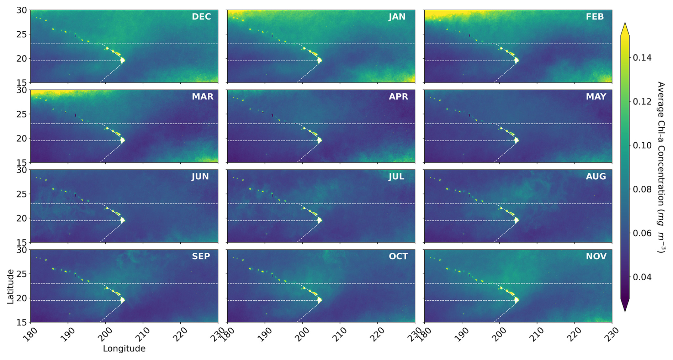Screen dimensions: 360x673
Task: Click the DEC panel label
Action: click(201, 17)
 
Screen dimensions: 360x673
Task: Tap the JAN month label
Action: click(397, 17)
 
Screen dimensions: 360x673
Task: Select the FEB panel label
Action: click(595, 17)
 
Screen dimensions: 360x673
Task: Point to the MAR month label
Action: click(202, 97)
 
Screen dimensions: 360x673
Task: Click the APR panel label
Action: click(398, 97)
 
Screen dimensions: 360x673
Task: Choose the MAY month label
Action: click(596, 97)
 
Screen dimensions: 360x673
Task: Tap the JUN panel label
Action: click(200, 177)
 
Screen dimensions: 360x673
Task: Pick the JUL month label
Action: click(396, 177)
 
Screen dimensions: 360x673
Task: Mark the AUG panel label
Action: click(596, 177)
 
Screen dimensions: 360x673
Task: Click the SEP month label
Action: click(201, 256)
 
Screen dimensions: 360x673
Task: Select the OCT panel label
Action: click(398, 256)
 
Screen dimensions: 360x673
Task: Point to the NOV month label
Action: click(596, 256)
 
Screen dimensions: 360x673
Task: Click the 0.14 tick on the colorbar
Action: click(642, 58)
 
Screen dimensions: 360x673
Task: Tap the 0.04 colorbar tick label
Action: click(642, 277)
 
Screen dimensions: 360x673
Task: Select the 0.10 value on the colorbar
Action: click(642, 145)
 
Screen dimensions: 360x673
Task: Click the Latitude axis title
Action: click(10, 286)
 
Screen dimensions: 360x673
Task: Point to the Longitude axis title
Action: click(124, 349)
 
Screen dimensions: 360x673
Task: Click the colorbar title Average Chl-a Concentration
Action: click(661, 167)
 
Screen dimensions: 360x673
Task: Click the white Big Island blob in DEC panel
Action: click(123, 60)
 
